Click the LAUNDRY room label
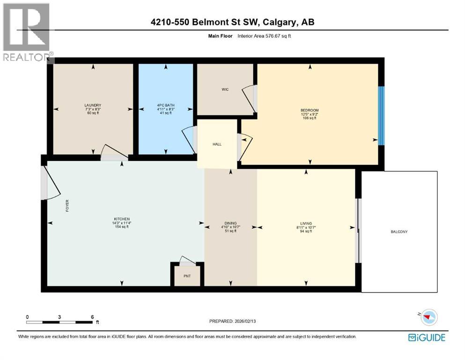[93, 105]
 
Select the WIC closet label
[225, 90]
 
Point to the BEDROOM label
[310, 111]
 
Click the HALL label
[217, 144]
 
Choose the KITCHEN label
[121, 219]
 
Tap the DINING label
[230, 223]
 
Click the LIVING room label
[306, 223]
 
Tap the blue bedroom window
[381, 116]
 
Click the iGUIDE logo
[427, 337]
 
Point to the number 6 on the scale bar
[92, 316]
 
